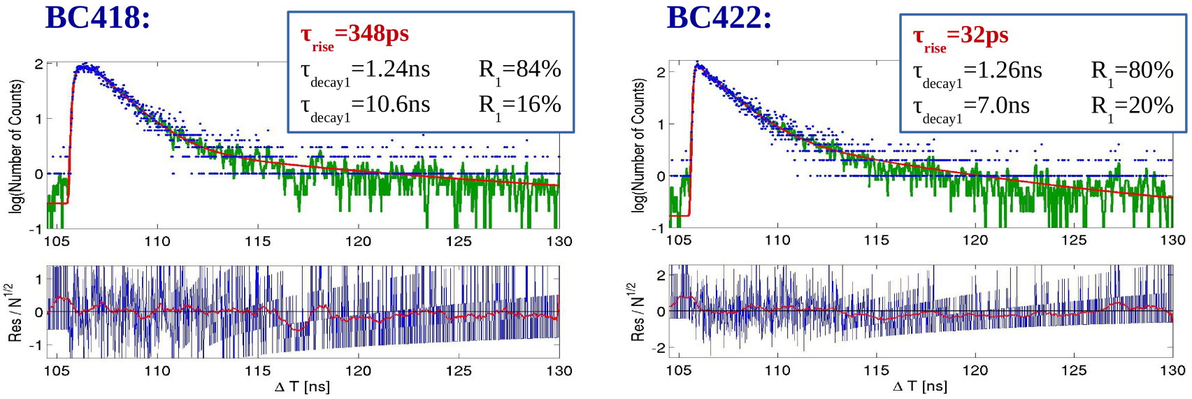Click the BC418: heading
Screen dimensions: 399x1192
pyautogui.click(x=97, y=17)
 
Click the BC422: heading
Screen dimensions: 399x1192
pyautogui.click(x=719, y=17)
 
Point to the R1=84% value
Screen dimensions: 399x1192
pyautogui.click(x=519, y=70)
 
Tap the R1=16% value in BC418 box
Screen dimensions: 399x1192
pyautogui.click(x=519, y=105)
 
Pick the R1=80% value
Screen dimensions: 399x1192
pyautogui.click(x=1132, y=71)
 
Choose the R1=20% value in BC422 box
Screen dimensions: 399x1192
pyautogui.click(x=1132, y=106)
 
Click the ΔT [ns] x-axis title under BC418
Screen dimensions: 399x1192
pyautogui.click(x=302, y=387)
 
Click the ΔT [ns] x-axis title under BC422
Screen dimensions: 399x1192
pyautogui.click(x=920, y=386)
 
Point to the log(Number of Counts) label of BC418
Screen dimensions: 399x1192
pyautogui.click(x=15, y=146)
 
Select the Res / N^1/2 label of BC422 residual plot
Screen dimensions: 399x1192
pyautogui.click(x=637, y=312)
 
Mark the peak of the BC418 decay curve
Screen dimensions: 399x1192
pyautogui.click(x=84, y=66)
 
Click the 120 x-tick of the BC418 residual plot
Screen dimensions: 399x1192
pyautogui.click(x=358, y=371)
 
